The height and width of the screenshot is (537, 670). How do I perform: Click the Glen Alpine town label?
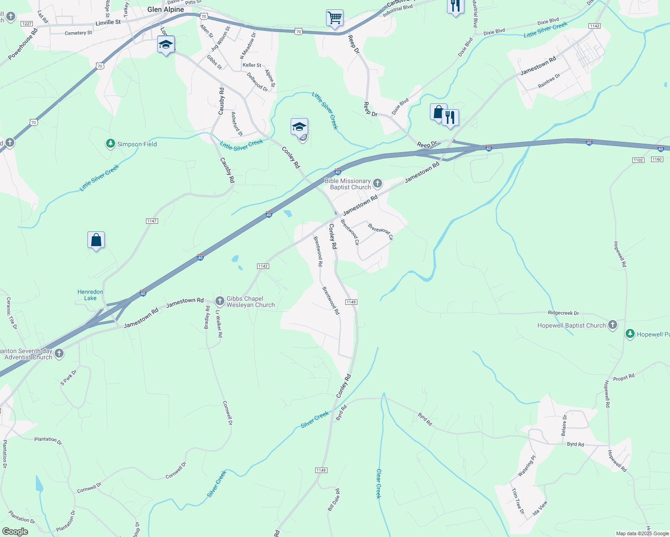(x=166, y=9)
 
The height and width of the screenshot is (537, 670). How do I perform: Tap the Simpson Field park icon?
(x=111, y=144)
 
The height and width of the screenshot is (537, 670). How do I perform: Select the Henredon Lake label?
(x=90, y=295)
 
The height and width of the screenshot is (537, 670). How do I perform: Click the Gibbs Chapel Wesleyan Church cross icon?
(x=220, y=301)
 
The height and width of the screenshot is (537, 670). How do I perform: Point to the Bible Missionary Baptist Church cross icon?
(x=378, y=183)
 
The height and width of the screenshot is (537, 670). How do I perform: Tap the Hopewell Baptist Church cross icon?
(x=613, y=325)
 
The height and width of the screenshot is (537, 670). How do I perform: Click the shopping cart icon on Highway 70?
(x=335, y=18)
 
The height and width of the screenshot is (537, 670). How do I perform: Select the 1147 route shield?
(x=152, y=221)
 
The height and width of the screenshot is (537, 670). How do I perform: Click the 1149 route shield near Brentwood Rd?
(x=351, y=302)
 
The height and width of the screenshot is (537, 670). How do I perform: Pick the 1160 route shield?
(x=657, y=159)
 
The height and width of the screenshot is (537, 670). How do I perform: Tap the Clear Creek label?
(x=379, y=484)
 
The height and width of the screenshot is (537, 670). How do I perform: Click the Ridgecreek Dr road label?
(x=563, y=313)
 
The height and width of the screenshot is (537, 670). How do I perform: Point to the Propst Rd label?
(x=624, y=377)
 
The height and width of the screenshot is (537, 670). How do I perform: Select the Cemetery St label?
(x=78, y=33)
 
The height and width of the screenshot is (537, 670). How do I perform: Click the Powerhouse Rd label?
(x=23, y=44)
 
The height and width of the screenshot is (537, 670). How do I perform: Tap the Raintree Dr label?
(x=549, y=81)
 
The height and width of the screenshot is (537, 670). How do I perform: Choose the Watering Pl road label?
(x=527, y=466)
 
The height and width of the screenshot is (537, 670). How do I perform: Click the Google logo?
(x=15, y=532)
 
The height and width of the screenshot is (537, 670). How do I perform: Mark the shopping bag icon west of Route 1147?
(x=96, y=240)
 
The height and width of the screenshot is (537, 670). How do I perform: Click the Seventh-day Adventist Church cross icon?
(x=59, y=354)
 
